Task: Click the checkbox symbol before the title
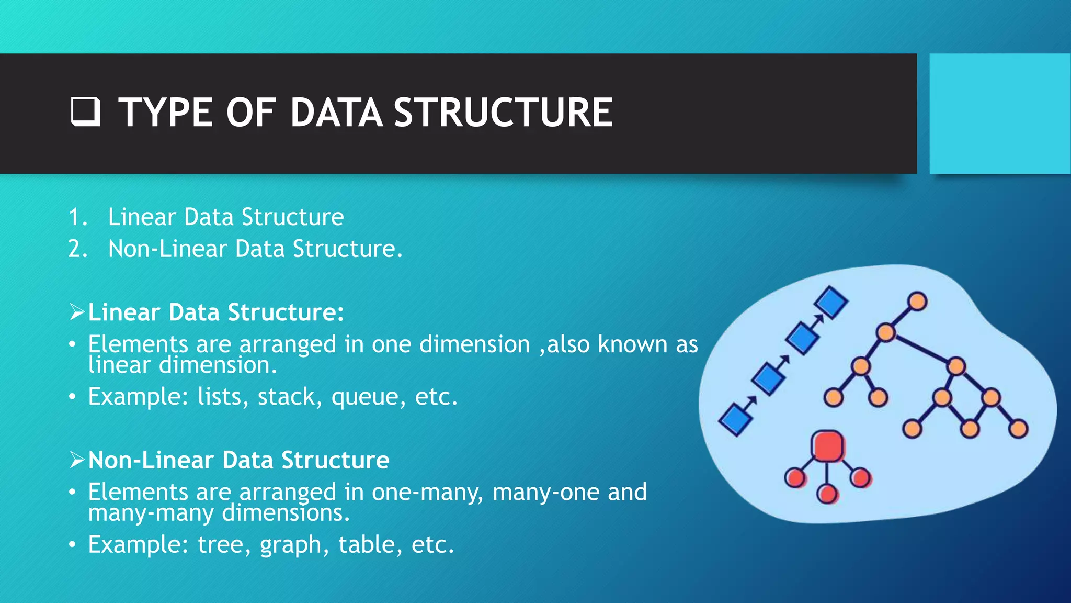click(x=85, y=112)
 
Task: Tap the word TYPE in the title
click(x=165, y=113)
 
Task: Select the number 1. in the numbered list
click(x=78, y=217)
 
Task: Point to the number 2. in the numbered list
click(x=78, y=249)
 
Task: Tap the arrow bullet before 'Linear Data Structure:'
click(x=77, y=312)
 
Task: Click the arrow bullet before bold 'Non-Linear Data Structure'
click(x=77, y=460)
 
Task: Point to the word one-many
click(x=427, y=493)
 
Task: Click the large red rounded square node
click(x=827, y=446)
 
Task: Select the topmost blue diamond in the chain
click(x=831, y=302)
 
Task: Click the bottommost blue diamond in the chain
click(x=736, y=420)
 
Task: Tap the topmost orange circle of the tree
click(x=917, y=302)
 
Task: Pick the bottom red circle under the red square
click(x=827, y=494)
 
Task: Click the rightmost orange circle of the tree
click(x=1018, y=429)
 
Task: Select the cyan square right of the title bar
click(x=1000, y=113)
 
